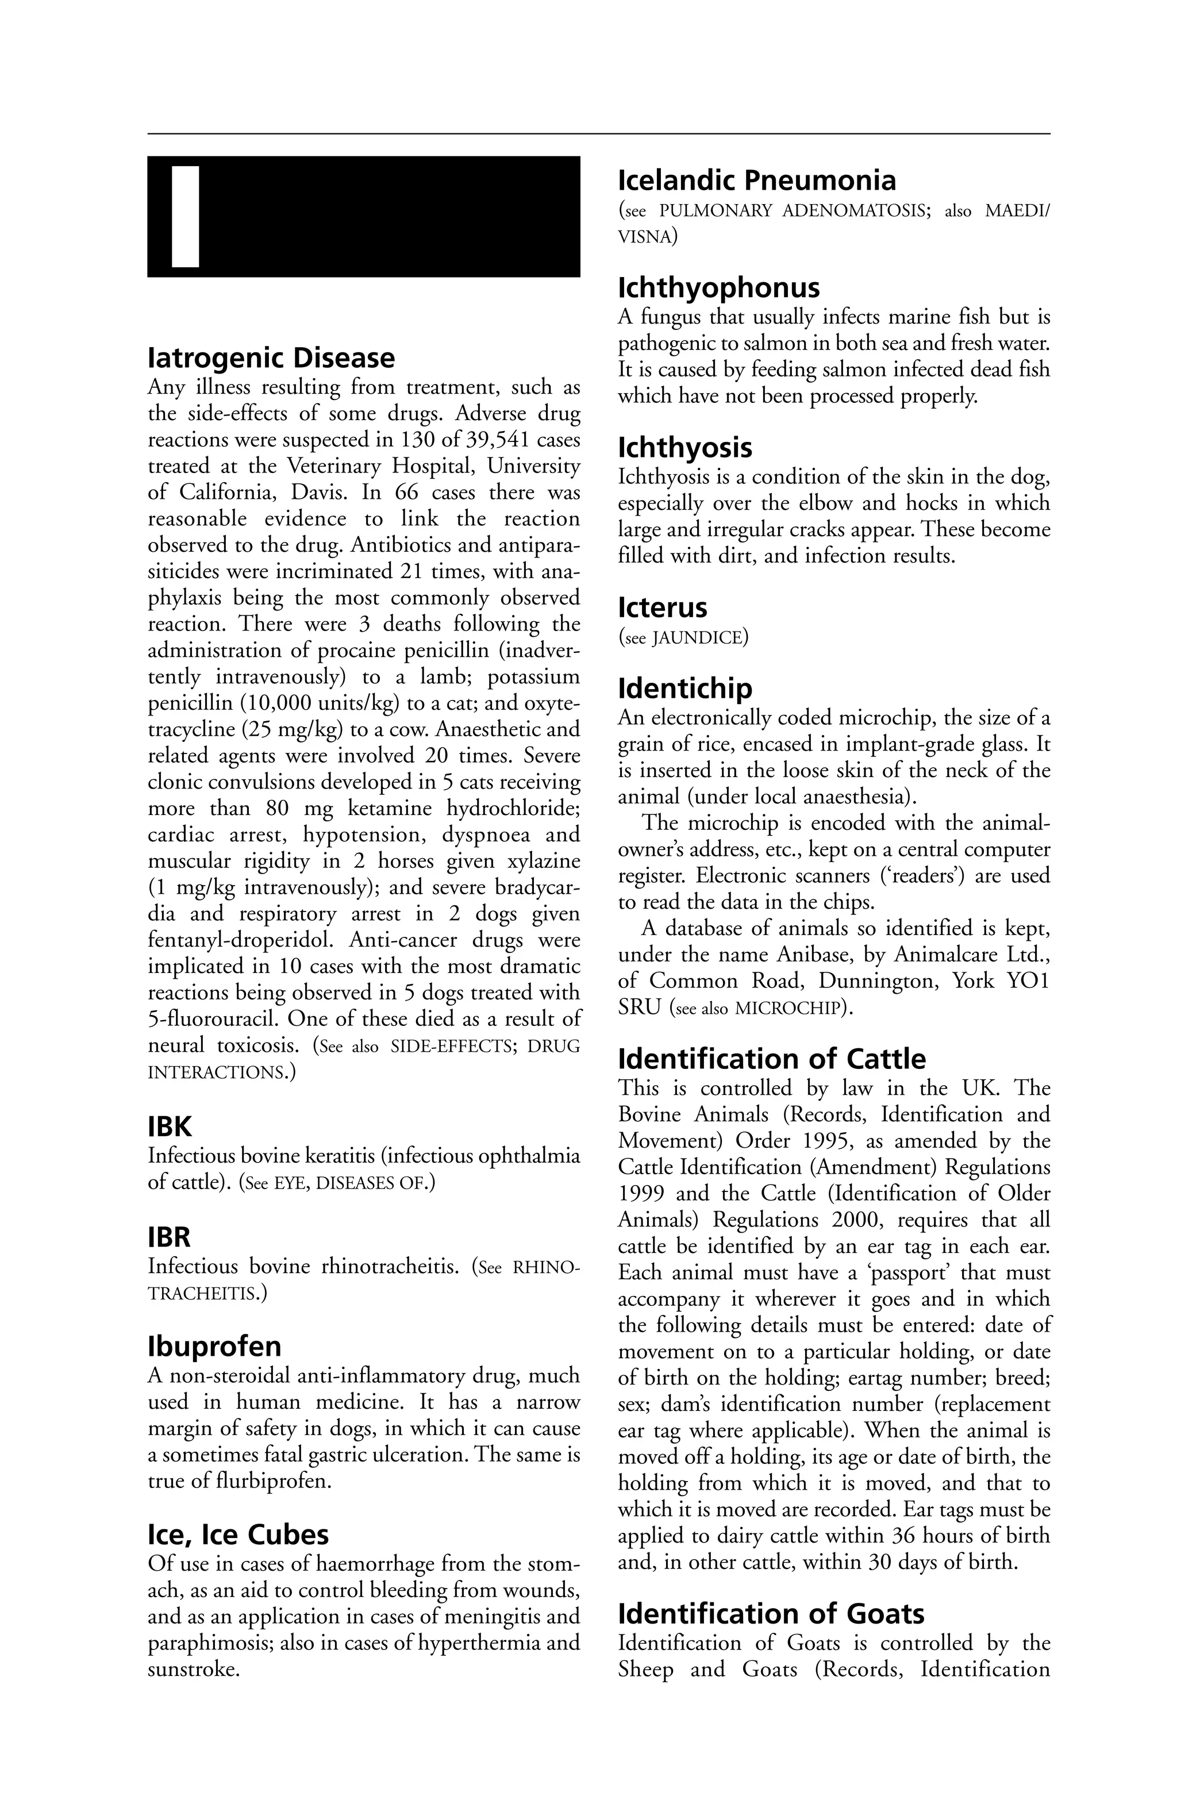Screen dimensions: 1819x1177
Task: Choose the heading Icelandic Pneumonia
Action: pyautogui.click(x=757, y=180)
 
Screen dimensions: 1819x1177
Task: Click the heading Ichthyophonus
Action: pyautogui.click(x=718, y=288)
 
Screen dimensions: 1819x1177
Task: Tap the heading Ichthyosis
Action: pyautogui.click(x=685, y=448)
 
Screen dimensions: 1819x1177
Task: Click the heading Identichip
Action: pyautogui.click(x=685, y=689)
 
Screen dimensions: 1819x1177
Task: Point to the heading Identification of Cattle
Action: pyautogui.click(x=771, y=1059)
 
